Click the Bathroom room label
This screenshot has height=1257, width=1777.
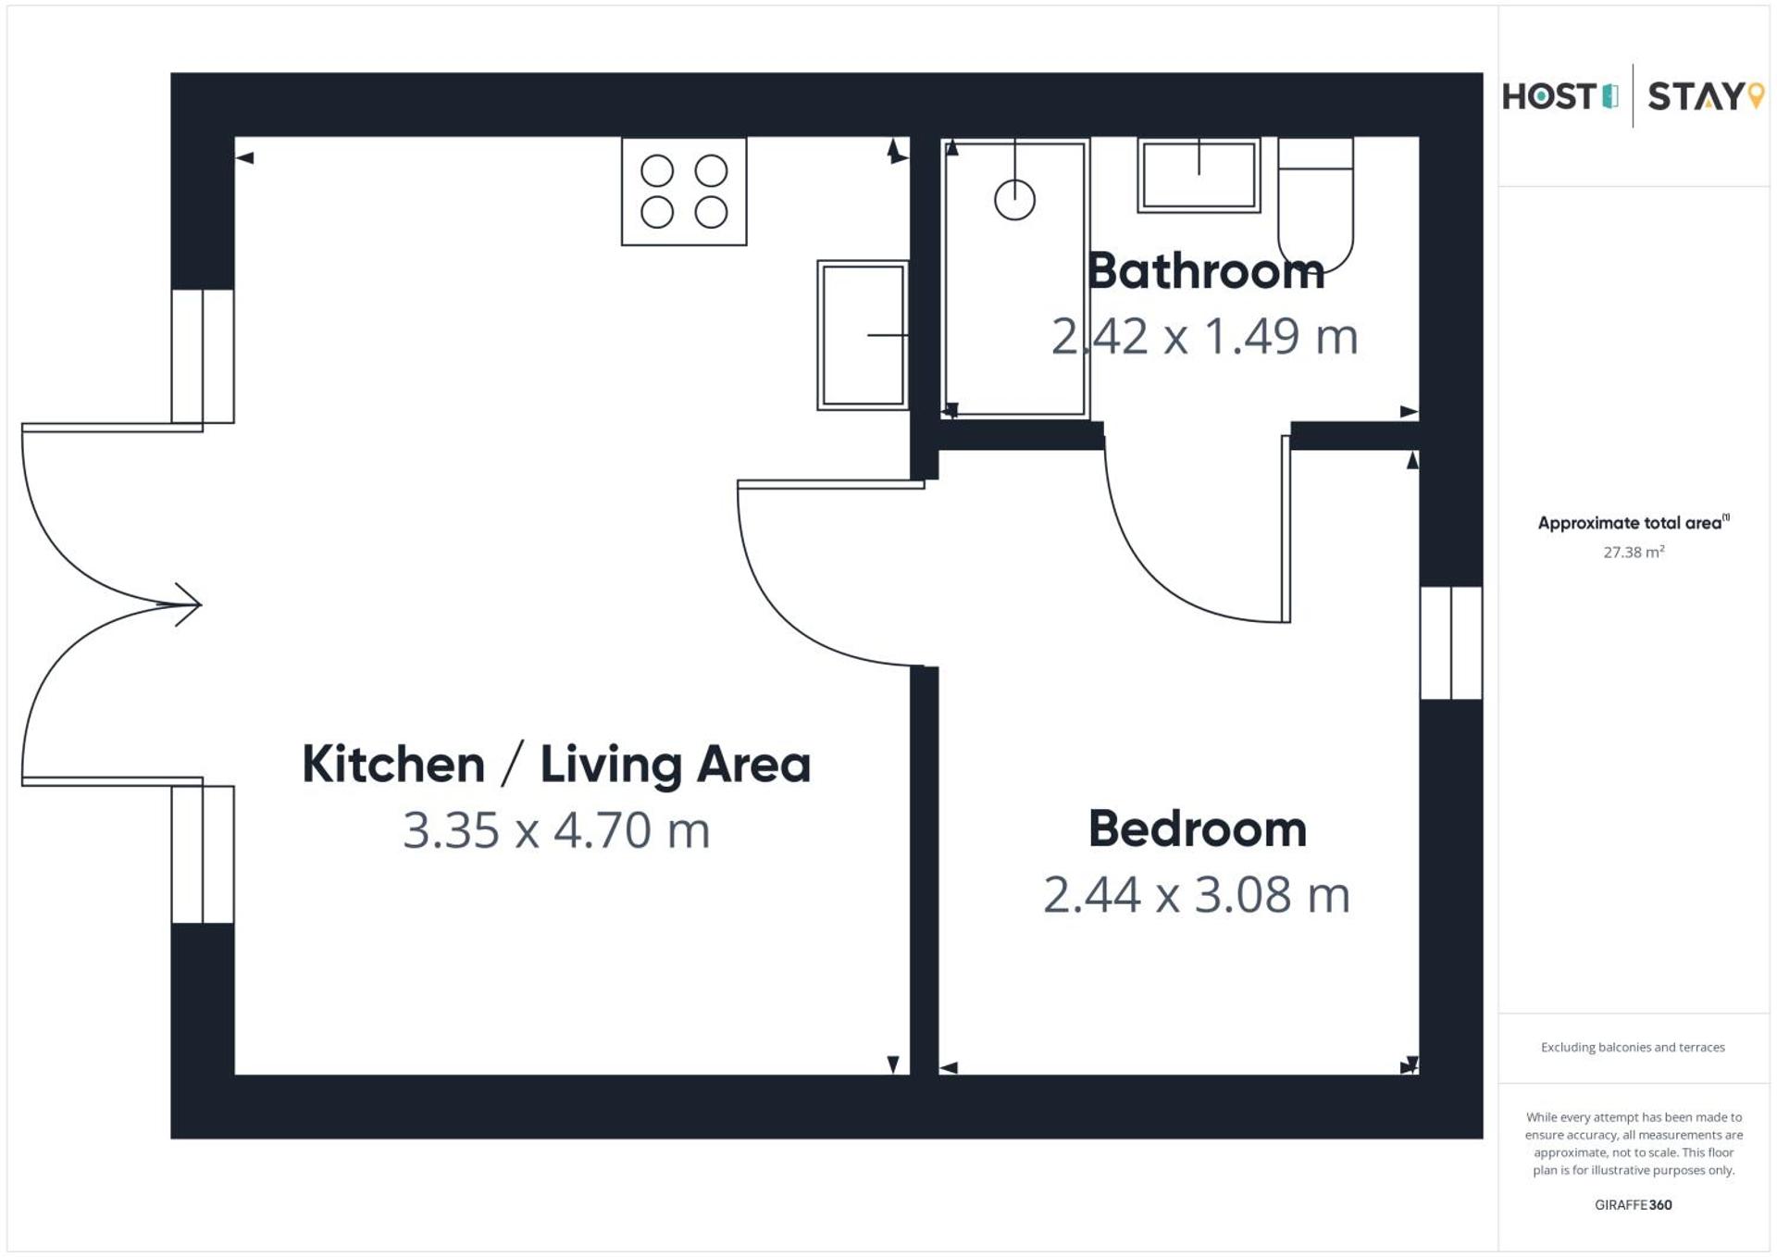click(1205, 272)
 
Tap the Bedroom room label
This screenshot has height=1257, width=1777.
click(1197, 829)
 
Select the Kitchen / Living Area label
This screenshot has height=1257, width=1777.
click(556, 765)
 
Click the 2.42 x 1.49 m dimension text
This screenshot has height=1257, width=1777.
click(1204, 337)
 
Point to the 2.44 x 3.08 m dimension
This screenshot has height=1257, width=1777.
click(1197, 895)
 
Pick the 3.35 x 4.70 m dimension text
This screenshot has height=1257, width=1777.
click(556, 830)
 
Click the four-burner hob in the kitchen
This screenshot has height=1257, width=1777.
click(684, 192)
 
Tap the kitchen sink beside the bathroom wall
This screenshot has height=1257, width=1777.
click(863, 335)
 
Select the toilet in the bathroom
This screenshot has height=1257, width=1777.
click(1315, 204)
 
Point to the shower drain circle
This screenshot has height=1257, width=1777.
click(1014, 200)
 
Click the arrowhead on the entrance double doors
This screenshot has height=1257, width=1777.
click(189, 604)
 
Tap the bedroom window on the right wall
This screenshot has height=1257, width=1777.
click(1451, 642)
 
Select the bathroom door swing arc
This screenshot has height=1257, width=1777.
click(1166, 574)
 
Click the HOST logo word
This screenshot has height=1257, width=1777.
click(1549, 96)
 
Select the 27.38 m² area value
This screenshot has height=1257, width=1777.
click(1634, 553)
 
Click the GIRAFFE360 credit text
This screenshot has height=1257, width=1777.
click(1634, 1205)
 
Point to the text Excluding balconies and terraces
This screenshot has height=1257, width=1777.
click(1633, 1048)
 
